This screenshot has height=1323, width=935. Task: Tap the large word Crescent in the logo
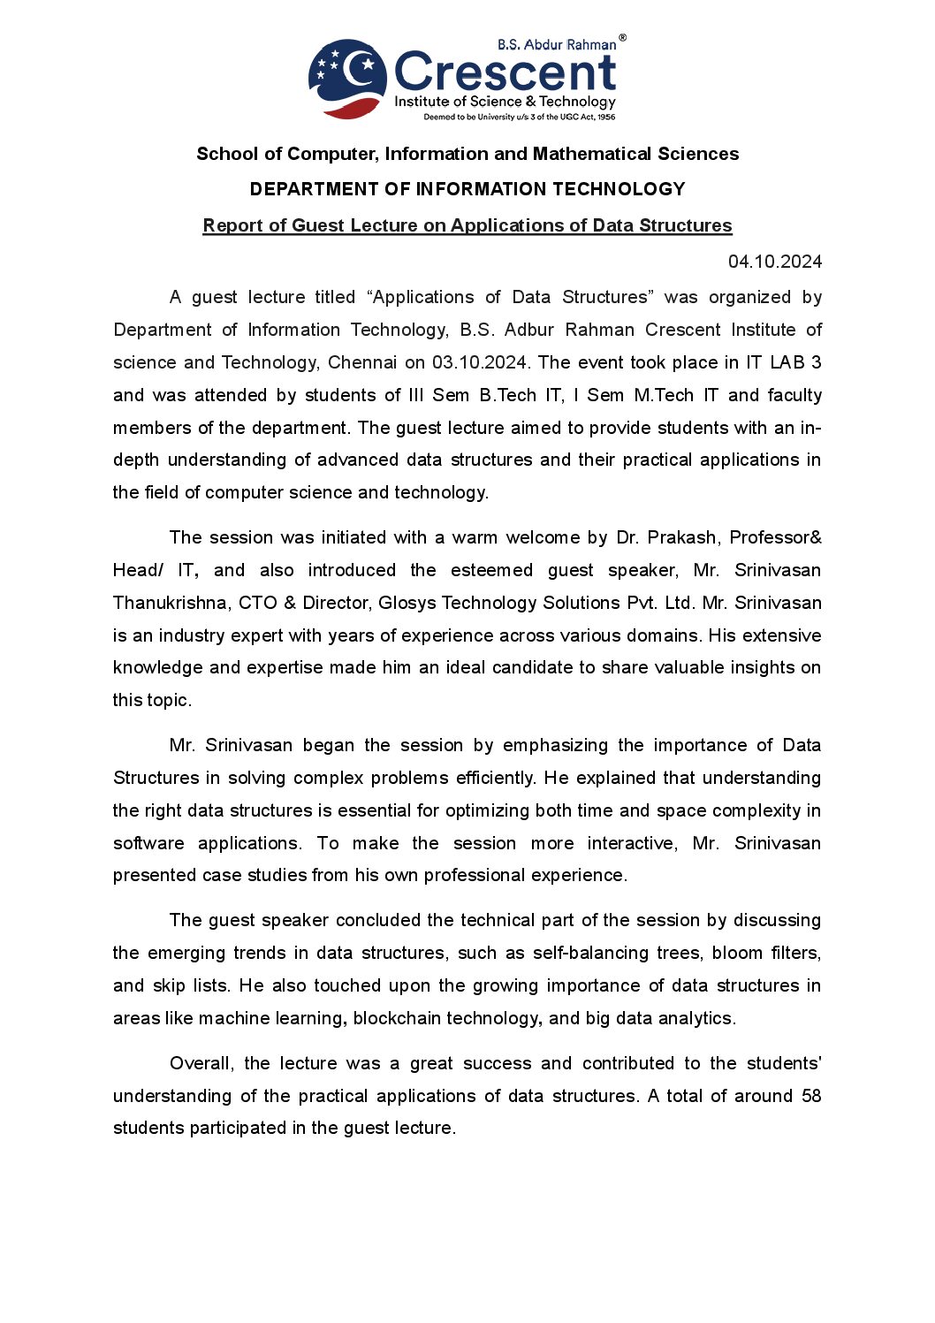coord(505,72)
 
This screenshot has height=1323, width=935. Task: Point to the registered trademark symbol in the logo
coord(622,38)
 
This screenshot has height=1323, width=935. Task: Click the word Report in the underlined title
coord(232,225)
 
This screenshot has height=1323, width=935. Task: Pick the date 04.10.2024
coord(774,262)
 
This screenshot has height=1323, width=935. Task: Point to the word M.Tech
coord(664,395)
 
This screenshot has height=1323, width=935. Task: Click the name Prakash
coord(681,537)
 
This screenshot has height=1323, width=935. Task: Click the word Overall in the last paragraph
coord(201,1063)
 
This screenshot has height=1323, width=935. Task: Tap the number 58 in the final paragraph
coord(811,1096)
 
